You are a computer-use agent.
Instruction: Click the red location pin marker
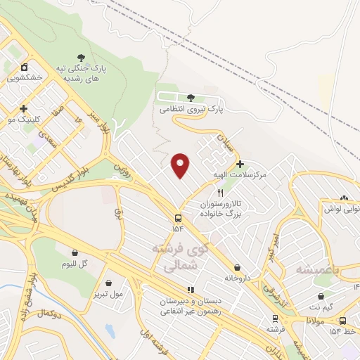click(x=181, y=165)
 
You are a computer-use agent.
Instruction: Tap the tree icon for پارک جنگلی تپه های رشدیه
click(x=82, y=58)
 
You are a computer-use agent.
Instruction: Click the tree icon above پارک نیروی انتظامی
click(x=191, y=98)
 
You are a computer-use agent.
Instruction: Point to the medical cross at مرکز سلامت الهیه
click(x=240, y=164)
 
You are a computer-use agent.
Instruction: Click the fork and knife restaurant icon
click(x=221, y=193)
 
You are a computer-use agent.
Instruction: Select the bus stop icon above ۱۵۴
click(x=177, y=218)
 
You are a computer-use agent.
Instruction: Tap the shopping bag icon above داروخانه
click(x=239, y=267)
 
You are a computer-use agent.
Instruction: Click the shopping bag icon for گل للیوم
click(x=75, y=252)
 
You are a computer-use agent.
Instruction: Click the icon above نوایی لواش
click(x=344, y=199)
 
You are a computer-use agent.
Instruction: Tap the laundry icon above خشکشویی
click(x=25, y=67)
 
